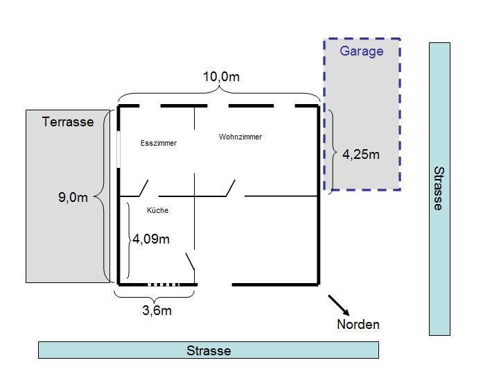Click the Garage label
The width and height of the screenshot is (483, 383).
361,51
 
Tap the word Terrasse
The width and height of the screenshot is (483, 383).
68,122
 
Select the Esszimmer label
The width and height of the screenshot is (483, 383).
159,143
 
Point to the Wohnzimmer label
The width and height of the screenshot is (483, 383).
240,137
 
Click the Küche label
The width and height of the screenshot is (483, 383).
158,210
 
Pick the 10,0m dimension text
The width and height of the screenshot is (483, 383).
221,77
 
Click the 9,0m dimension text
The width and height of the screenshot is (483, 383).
73,197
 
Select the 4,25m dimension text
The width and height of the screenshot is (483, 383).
361,155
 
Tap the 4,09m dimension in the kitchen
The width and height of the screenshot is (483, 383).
151,239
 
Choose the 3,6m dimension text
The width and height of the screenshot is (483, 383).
157,311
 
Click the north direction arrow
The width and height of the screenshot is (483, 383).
339,305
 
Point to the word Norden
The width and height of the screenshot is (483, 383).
358,325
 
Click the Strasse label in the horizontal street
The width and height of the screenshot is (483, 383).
209,351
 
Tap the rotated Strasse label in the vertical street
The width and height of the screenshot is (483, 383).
439,189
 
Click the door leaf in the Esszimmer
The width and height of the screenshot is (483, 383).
144,188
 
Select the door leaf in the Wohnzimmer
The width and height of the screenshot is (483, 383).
231,188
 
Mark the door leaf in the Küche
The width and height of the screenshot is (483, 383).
190,262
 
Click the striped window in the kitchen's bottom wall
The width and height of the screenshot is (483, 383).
164,284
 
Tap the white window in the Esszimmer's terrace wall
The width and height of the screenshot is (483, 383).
118,150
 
